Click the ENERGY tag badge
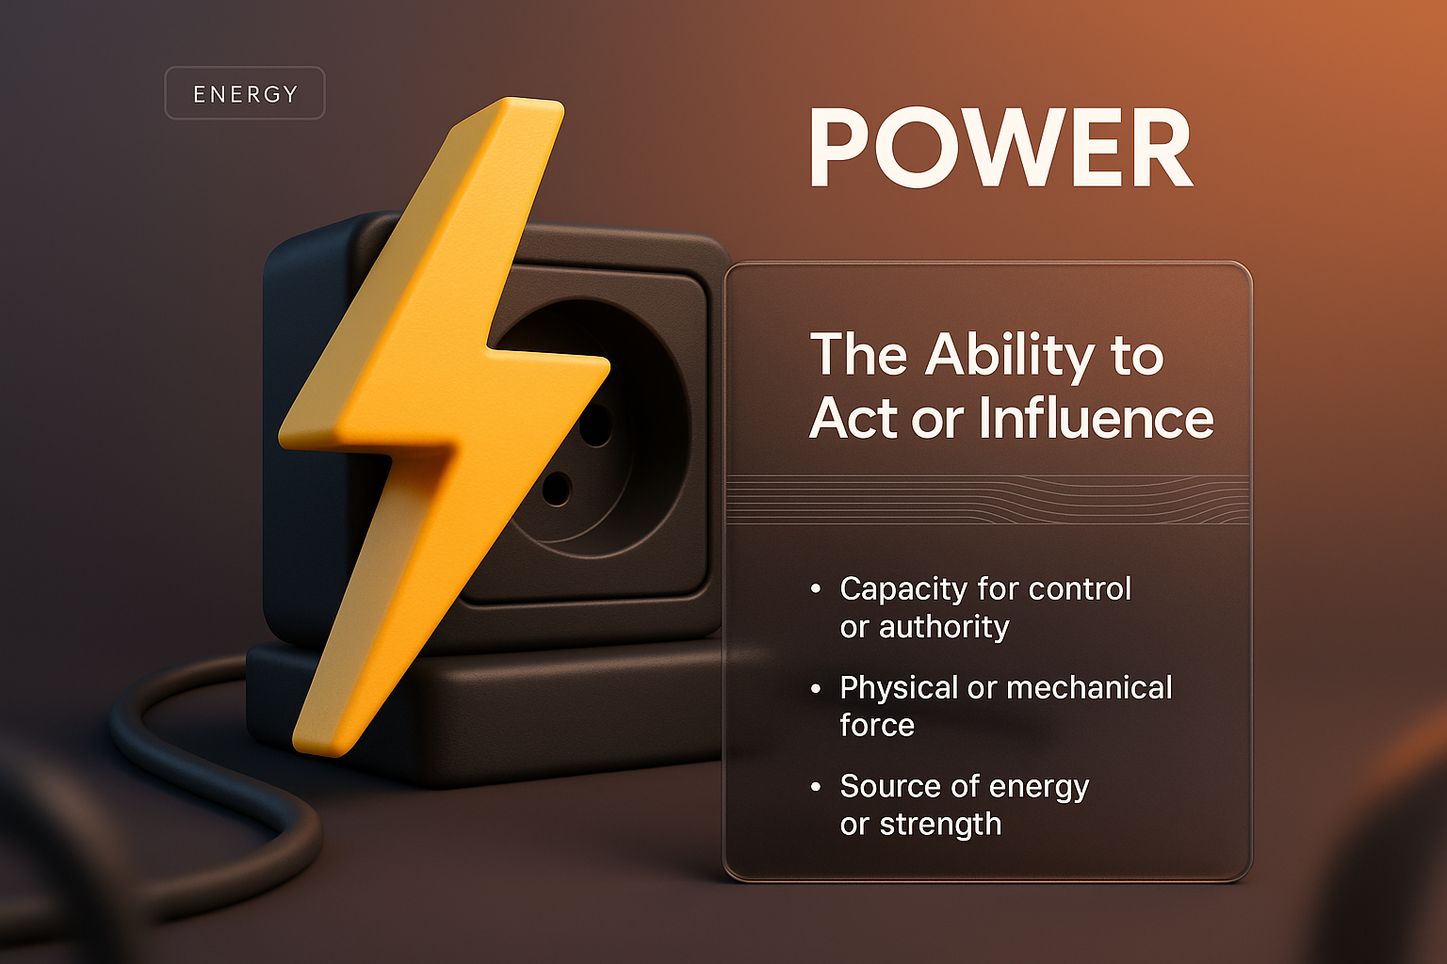245,93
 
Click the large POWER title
1000,149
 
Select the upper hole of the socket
595,426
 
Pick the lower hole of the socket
556,489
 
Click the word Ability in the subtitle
1010,356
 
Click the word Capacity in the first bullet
903,589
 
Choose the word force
877,726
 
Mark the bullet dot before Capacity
816,589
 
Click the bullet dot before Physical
816,688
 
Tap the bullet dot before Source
816,786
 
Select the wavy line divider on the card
987,499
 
